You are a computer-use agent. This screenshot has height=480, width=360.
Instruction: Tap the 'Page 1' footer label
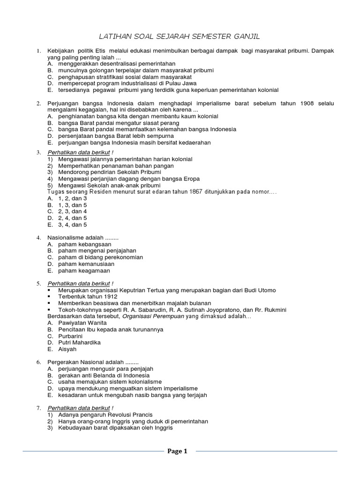(x=177, y=451)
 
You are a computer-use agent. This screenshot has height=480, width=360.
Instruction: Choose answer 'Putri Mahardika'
(x=80, y=343)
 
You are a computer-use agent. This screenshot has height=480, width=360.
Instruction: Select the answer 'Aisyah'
(x=67, y=349)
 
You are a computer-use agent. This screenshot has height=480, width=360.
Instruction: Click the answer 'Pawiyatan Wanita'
(x=82, y=323)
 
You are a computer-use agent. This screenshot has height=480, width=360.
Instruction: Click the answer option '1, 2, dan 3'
(x=73, y=198)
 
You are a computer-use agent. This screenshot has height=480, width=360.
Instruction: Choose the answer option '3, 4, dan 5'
(x=73, y=225)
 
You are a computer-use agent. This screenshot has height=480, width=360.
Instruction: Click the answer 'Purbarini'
(x=71, y=336)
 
